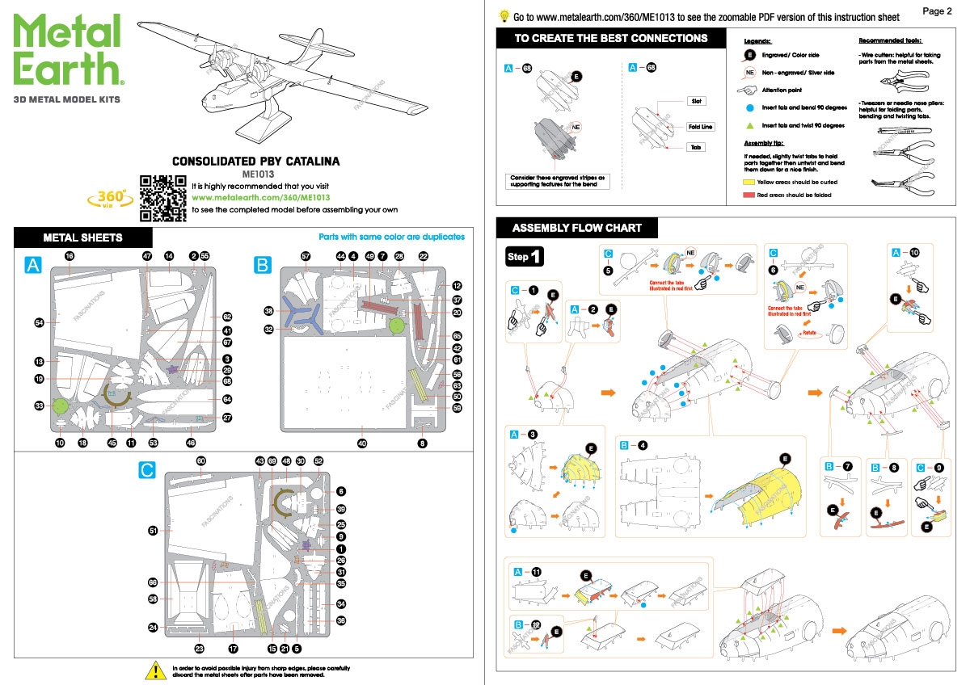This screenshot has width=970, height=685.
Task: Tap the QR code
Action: (162, 198)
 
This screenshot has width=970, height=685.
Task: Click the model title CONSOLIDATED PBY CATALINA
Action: (255, 161)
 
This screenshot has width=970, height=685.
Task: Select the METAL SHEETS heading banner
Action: (82, 237)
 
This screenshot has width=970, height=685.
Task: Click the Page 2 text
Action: (938, 11)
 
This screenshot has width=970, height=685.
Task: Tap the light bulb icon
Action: (504, 15)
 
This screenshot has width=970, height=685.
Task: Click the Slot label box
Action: (697, 101)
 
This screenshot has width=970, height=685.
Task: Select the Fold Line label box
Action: (700, 127)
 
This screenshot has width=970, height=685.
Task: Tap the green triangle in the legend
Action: (750, 125)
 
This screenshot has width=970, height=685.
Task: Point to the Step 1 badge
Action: (524, 257)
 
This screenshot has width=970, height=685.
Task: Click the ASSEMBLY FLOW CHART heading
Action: (576, 228)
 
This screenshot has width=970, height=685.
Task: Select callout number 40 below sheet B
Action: (362, 443)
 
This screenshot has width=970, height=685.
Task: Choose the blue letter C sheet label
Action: (146, 471)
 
